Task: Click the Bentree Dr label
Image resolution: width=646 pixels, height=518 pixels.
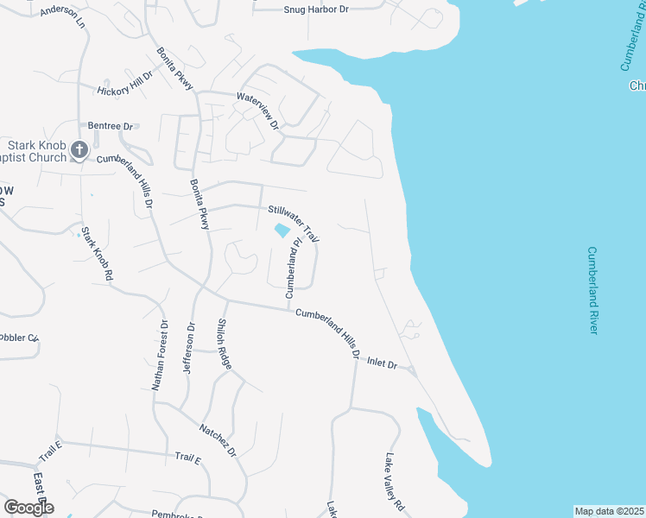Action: point(111,126)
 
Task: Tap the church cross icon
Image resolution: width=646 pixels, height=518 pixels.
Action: point(79,150)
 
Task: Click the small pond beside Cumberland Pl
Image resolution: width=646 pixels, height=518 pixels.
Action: point(282,231)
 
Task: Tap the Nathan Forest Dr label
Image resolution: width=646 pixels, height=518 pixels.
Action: point(160,355)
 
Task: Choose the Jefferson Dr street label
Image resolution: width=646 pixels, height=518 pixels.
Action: point(189,347)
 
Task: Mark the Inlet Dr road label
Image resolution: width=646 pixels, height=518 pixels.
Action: point(381,364)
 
